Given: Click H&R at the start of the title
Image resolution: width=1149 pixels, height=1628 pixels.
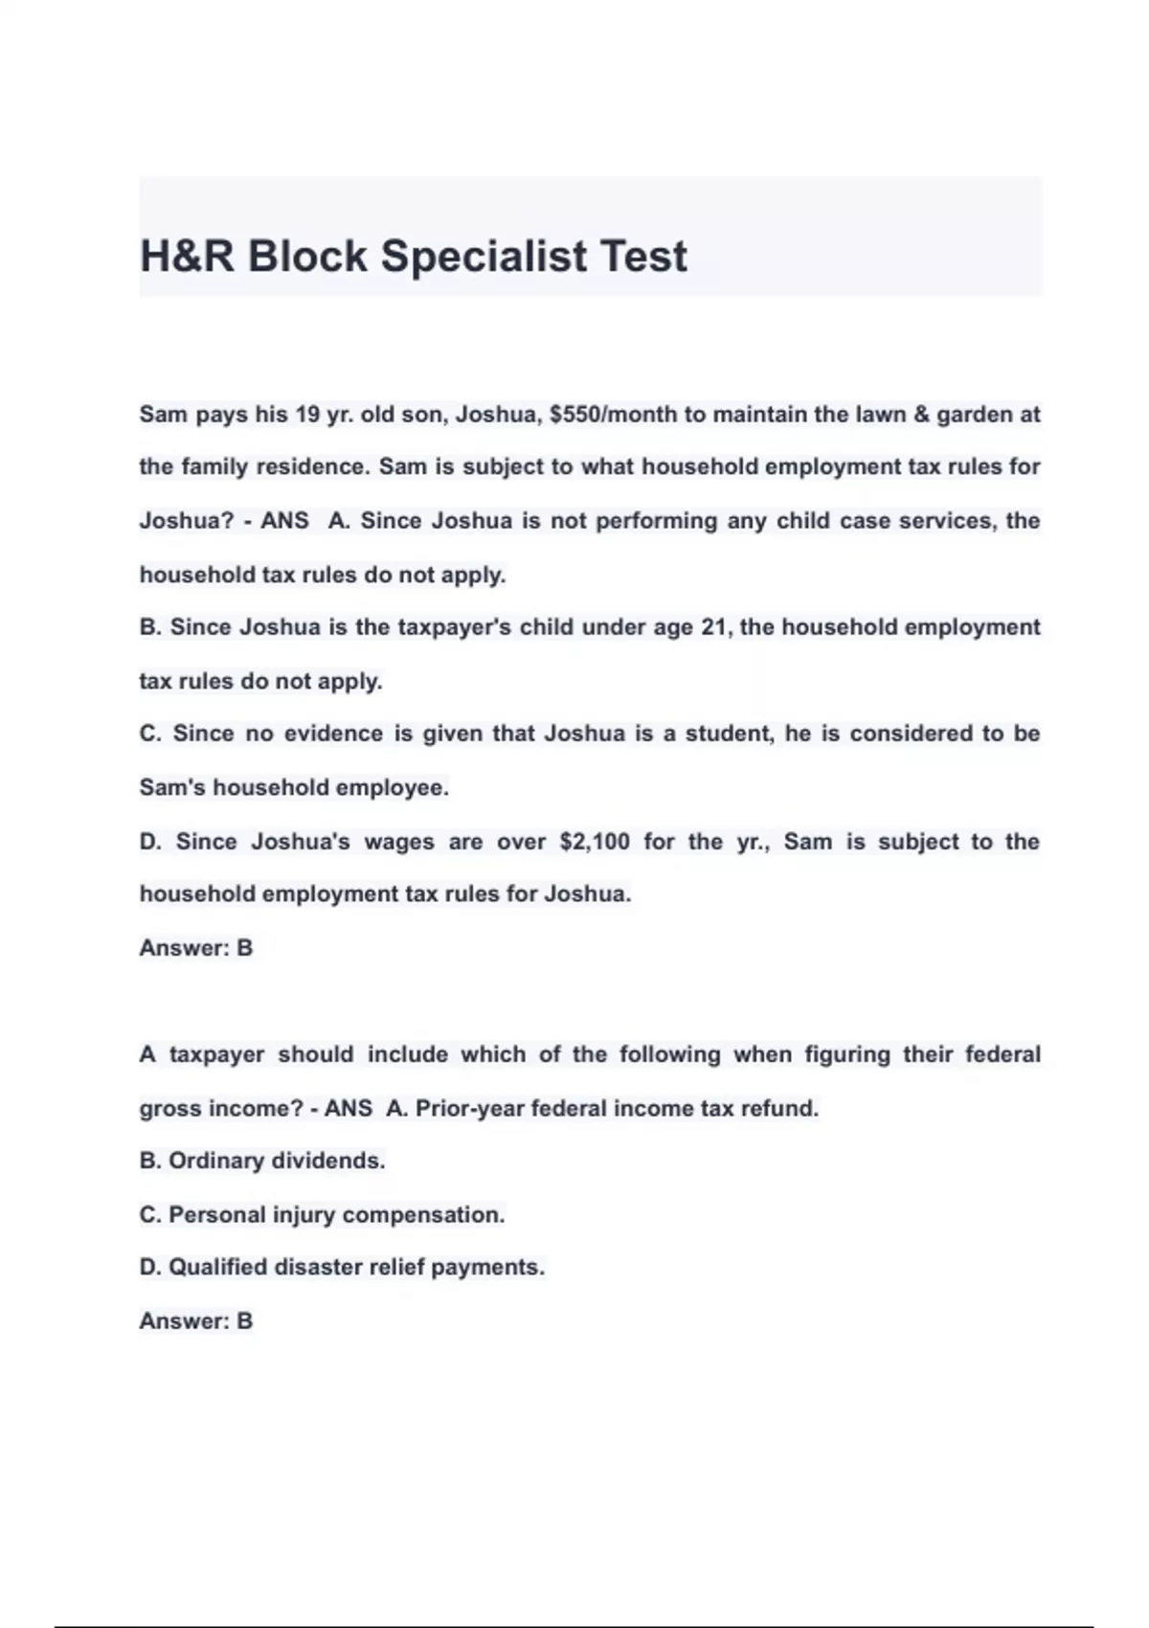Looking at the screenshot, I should [187, 256].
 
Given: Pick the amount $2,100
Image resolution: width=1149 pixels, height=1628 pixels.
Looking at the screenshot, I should [595, 842].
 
